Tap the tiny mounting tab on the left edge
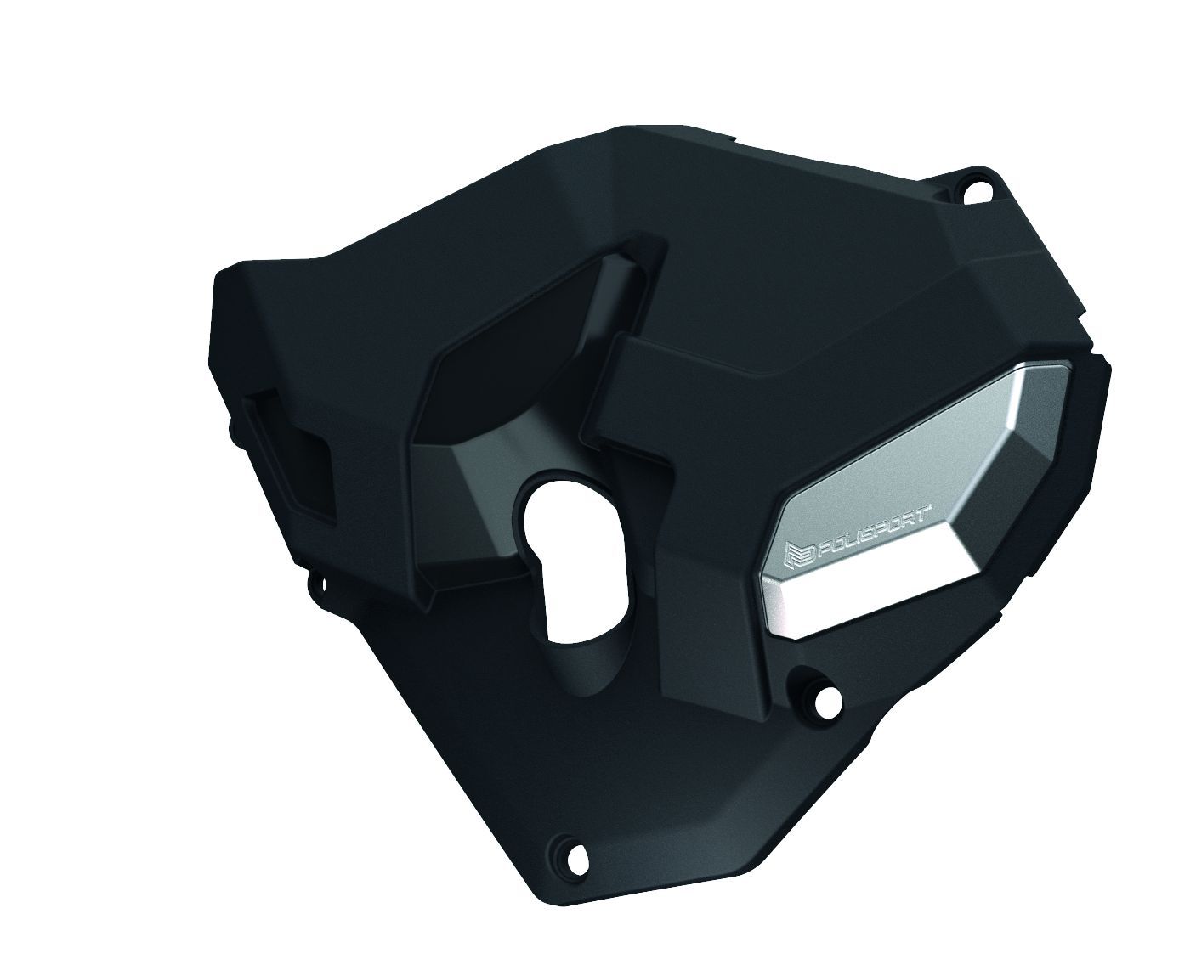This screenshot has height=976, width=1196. pos(315,584)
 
